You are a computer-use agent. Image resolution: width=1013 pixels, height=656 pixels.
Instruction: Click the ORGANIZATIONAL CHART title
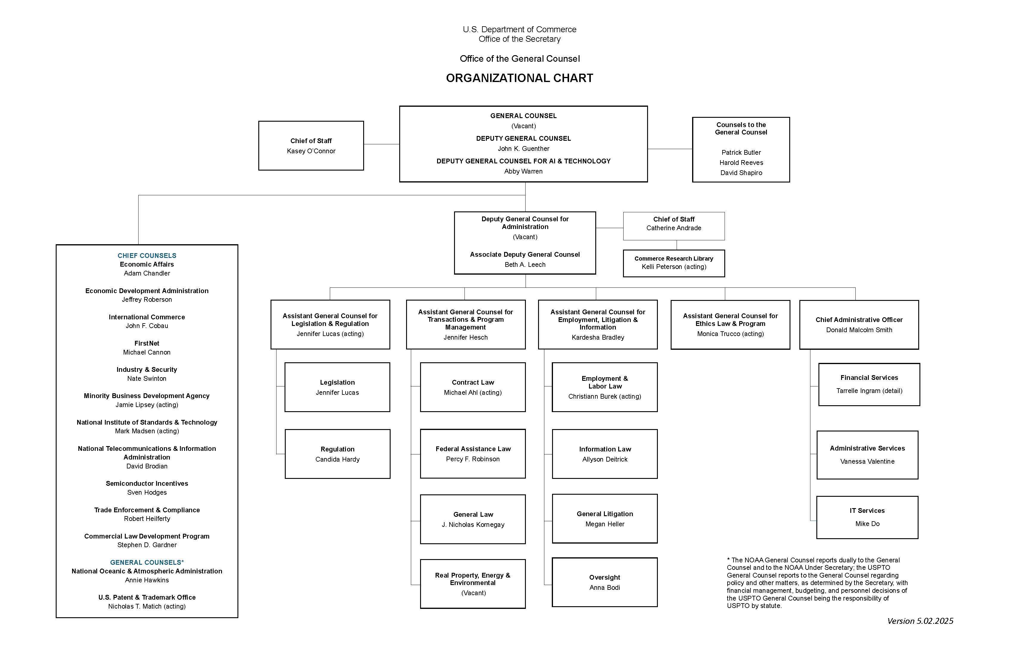tap(519, 78)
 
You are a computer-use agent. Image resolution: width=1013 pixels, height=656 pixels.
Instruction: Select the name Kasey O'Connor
tap(311, 151)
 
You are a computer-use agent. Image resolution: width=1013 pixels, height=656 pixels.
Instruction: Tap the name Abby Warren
tap(523, 171)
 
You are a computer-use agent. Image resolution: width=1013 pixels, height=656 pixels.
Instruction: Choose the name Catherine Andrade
tap(674, 228)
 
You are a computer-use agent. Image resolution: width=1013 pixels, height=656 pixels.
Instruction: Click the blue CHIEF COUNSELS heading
tap(147, 256)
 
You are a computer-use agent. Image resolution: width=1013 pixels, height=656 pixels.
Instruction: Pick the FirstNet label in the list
tap(147, 343)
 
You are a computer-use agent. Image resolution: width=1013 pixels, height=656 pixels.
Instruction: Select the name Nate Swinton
tap(147, 379)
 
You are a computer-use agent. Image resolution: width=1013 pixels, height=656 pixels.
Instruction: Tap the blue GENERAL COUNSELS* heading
tap(147, 562)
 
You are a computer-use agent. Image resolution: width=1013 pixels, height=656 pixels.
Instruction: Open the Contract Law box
tap(473, 387)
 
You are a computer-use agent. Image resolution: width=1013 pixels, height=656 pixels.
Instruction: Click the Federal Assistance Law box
tap(473, 454)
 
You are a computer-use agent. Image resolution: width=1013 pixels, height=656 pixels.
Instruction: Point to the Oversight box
tap(605, 582)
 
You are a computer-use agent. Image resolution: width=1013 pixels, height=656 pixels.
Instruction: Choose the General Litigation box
tap(605, 519)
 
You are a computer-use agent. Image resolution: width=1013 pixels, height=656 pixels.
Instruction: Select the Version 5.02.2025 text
tap(920, 621)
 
